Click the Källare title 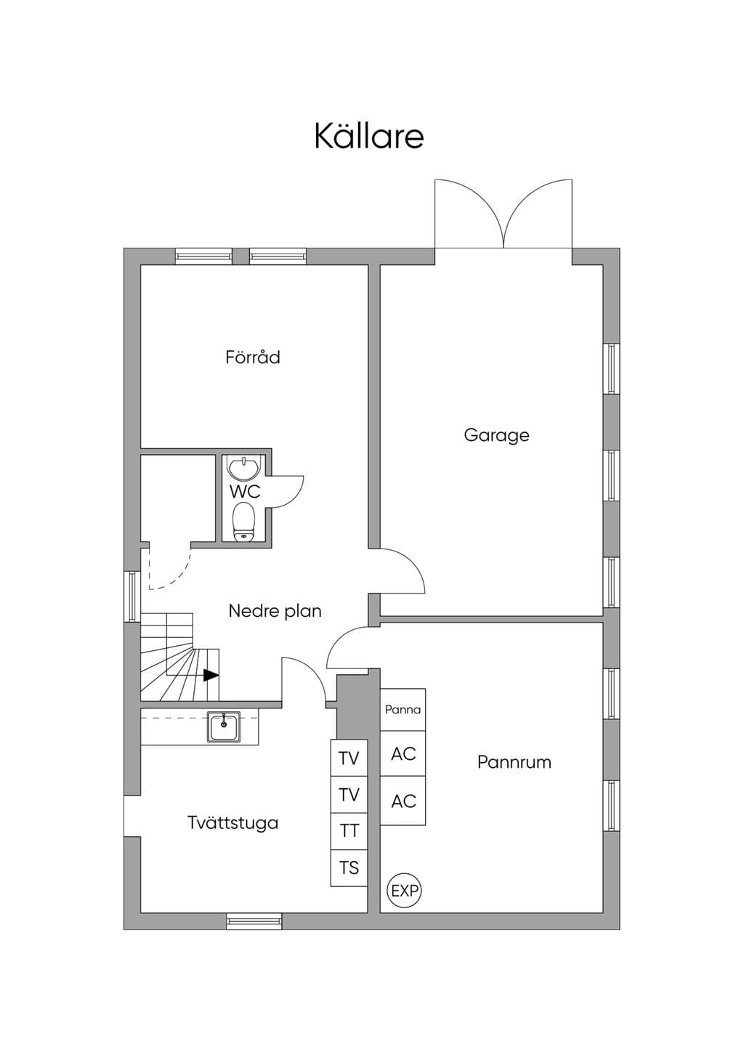(x=369, y=136)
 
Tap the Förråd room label (x=253, y=357)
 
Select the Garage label (x=496, y=435)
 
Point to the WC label (x=245, y=492)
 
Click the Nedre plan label (x=275, y=611)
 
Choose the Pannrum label (x=514, y=762)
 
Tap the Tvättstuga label (x=233, y=823)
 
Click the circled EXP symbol (x=404, y=890)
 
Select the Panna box (x=403, y=710)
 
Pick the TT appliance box (x=349, y=831)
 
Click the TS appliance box (x=349, y=868)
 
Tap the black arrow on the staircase (x=211, y=676)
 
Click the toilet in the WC (x=244, y=522)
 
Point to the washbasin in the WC (x=243, y=468)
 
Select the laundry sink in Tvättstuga (x=224, y=727)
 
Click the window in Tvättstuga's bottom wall (x=254, y=921)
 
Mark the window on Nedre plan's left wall (x=132, y=596)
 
